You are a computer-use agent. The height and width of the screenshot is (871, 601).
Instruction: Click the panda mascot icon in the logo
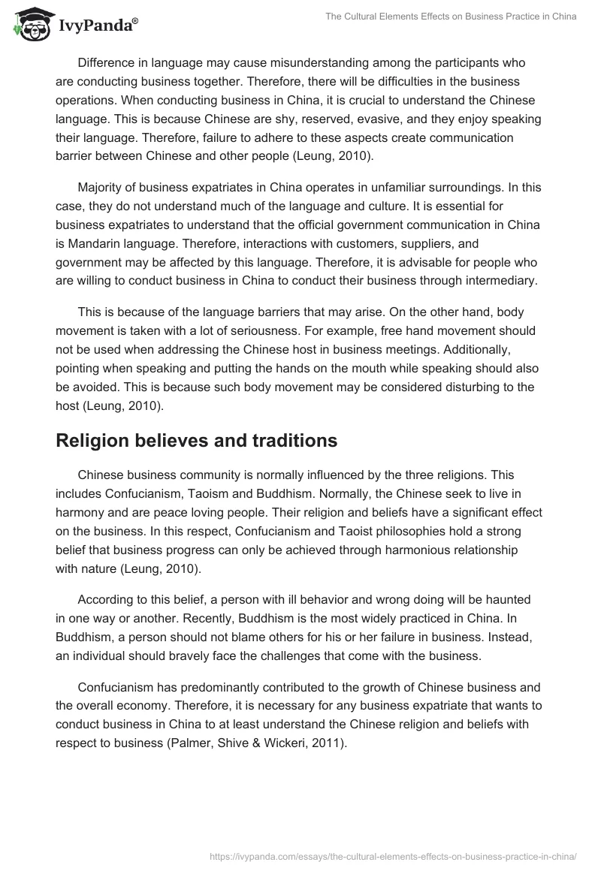click(28, 23)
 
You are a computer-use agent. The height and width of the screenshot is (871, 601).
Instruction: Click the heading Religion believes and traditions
click(196, 441)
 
